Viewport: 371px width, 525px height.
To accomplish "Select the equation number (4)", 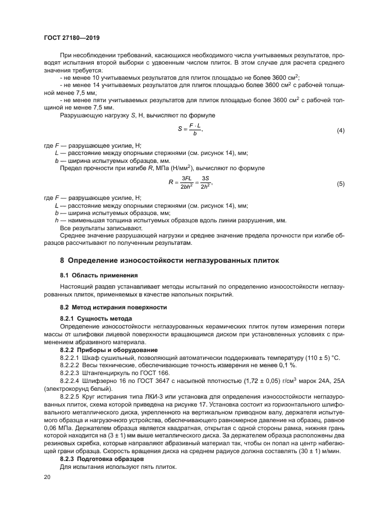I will click(340, 131).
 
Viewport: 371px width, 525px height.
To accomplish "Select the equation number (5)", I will click(340, 184).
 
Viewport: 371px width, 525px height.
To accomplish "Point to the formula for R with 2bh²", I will click(191, 183).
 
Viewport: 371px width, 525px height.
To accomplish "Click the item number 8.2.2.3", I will click(71, 373).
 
